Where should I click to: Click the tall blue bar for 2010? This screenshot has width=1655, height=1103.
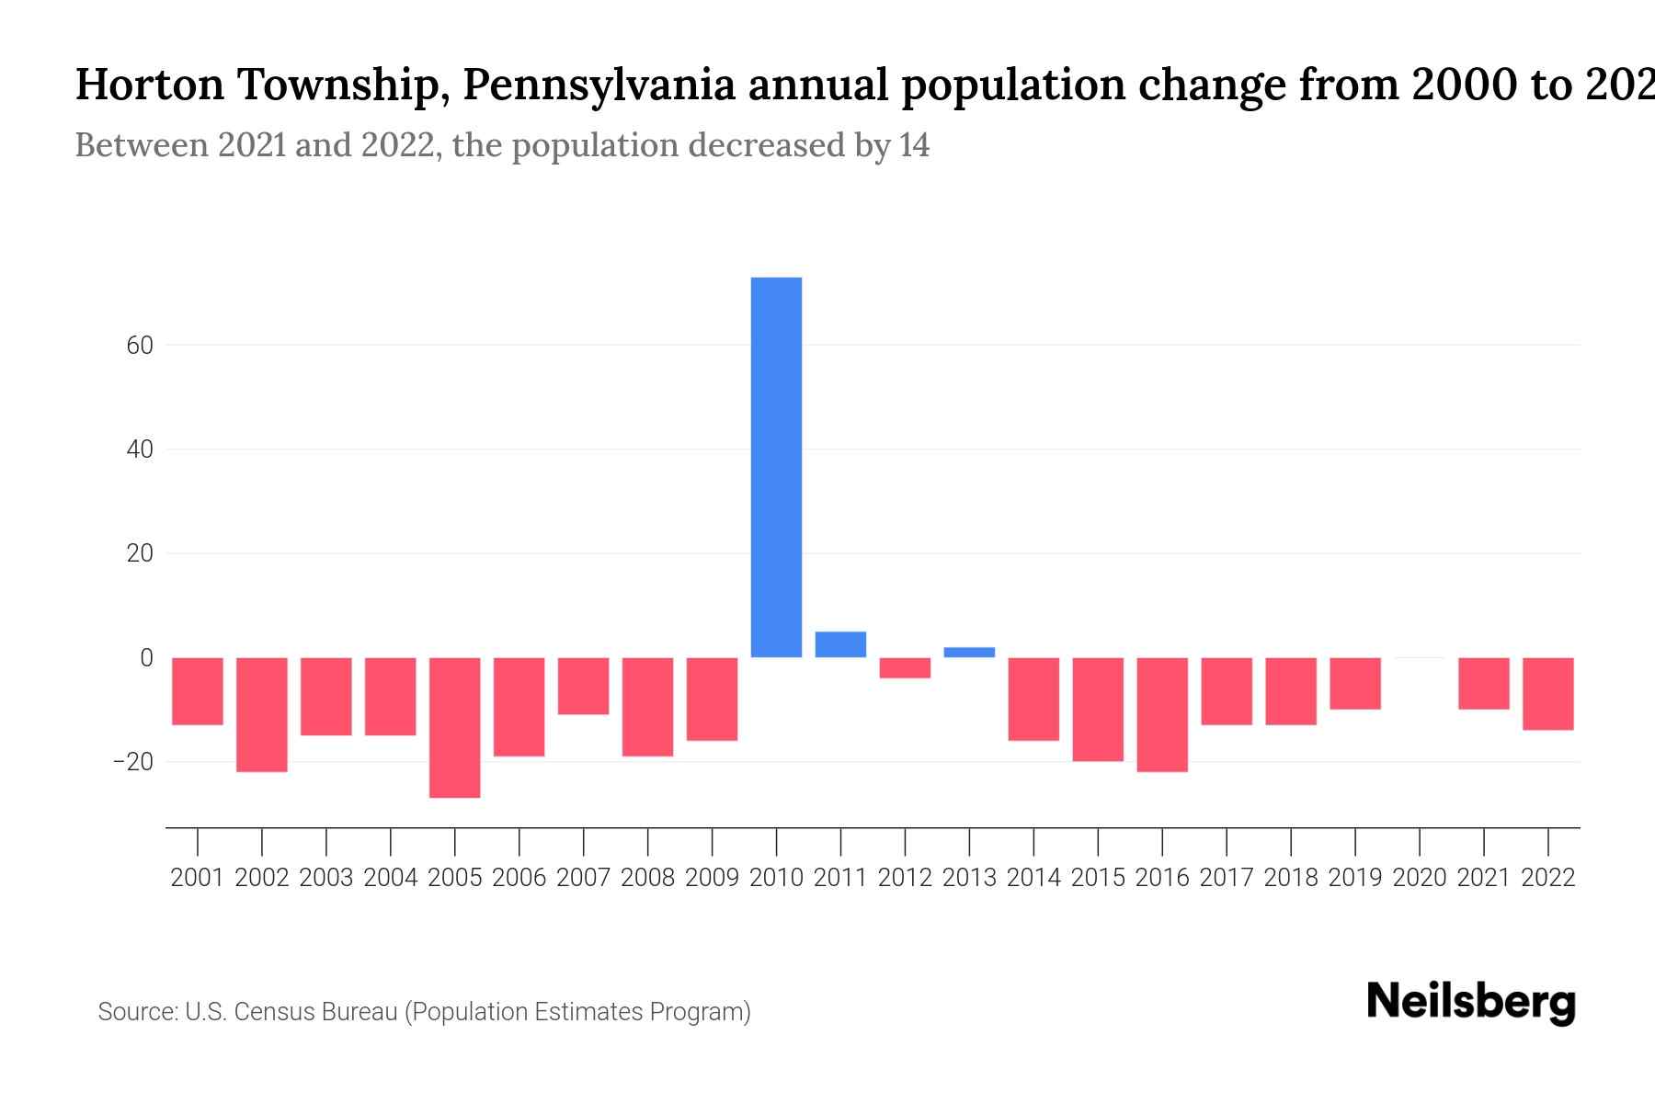(776, 467)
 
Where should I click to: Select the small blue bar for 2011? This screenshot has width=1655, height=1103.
(840, 644)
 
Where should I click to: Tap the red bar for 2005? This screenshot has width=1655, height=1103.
(455, 727)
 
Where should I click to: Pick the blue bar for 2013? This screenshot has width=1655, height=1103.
(969, 653)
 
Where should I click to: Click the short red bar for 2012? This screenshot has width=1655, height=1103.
(905, 668)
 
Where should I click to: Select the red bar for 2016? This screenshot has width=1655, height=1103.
(1162, 714)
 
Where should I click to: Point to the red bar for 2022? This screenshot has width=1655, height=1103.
(1548, 693)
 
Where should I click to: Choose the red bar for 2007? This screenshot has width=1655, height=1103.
(584, 686)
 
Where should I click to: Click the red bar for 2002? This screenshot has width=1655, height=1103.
(262, 714)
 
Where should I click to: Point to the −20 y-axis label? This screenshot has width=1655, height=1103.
(132, 762)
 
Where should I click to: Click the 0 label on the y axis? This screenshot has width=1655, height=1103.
(146, 658)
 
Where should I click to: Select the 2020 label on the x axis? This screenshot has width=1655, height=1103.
(1420, 878)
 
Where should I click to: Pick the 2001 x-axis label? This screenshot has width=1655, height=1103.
(198, 878)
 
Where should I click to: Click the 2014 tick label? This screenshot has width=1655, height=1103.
(1033, 878)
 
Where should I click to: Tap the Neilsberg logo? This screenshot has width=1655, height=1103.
(1471, 1002)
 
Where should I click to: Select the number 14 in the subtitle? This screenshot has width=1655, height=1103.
(914, 145)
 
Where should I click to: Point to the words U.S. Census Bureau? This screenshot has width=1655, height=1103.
(291, 1012)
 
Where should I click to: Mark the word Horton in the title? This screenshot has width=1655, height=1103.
(150, 85)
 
